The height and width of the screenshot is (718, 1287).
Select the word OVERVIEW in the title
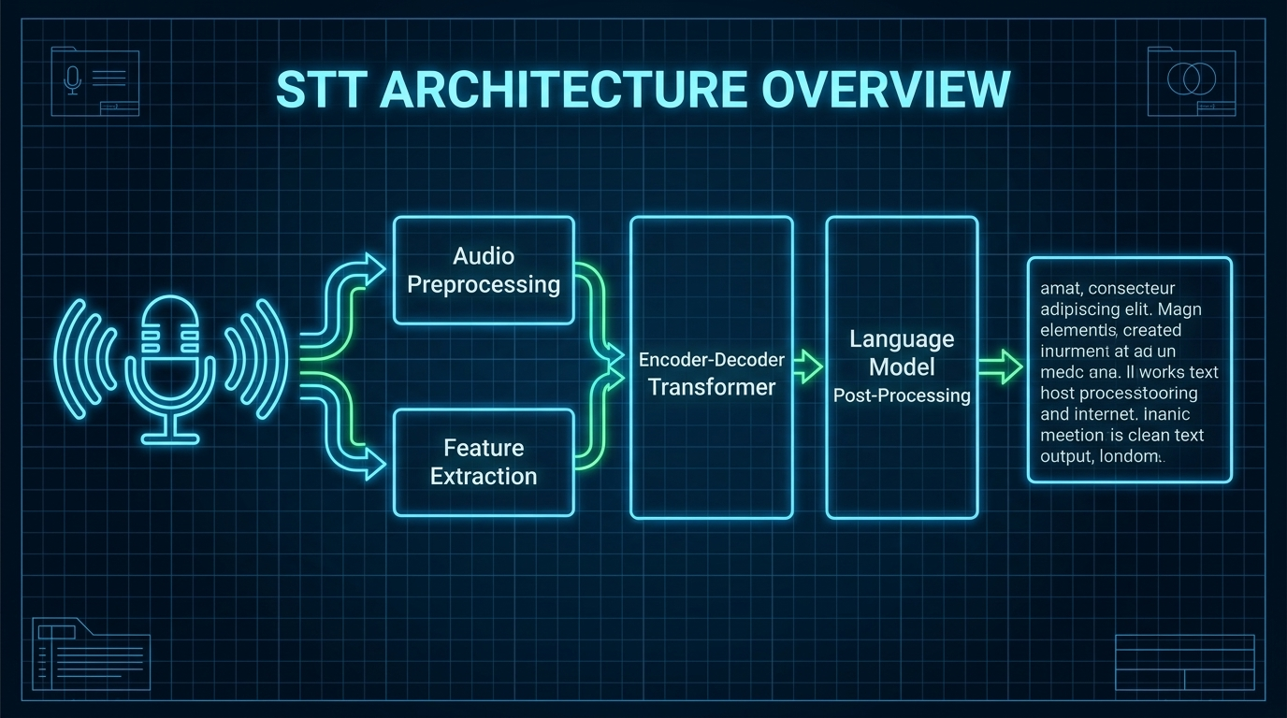[x=884, y=91]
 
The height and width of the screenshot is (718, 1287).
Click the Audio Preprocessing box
[x=484, y=270]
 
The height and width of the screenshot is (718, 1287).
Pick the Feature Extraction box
[x=484, y=462]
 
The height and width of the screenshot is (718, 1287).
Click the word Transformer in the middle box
[x=712, y=387]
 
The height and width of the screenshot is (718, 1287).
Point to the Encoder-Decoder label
[x=712, y=360]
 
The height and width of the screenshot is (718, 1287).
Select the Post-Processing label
[x=902, y=395]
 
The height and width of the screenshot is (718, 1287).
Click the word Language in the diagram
[x=902, y=338]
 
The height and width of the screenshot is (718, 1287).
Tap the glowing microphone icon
[x=169, y=369]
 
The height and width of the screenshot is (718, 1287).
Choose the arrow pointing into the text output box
[x=1001, y=367]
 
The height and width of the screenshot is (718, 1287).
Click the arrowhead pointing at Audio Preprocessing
[x=373, y=268]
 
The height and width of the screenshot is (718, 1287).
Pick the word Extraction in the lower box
[x=484, y=477]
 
